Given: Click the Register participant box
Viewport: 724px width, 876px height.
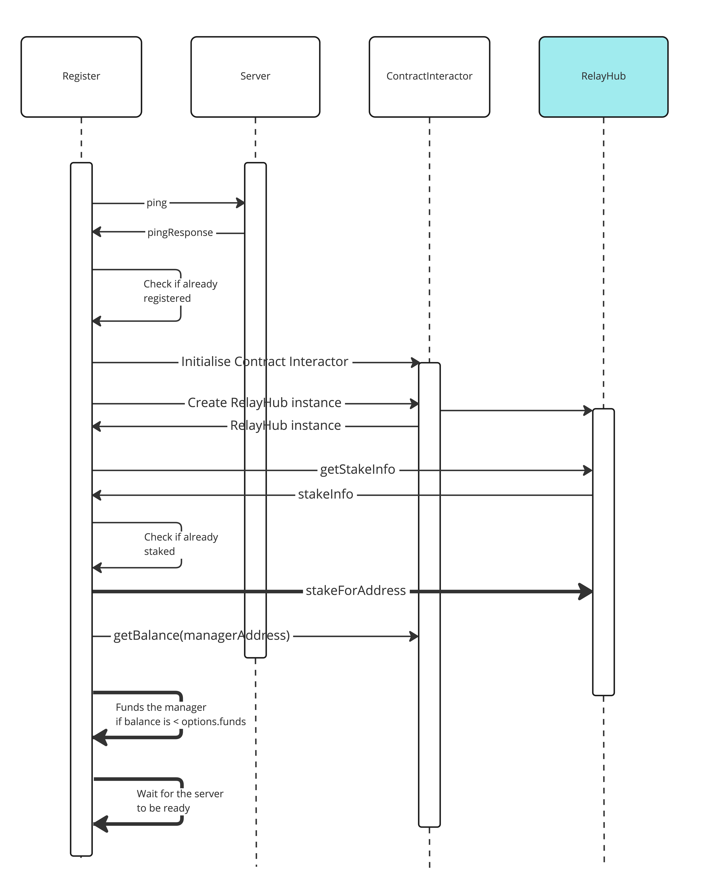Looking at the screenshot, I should coord(81,77).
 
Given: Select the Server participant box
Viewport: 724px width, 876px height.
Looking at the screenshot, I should coord(255,77).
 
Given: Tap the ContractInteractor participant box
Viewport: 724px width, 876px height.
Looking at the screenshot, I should coord(429,77).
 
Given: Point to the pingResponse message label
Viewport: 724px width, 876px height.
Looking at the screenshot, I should coord(180,233).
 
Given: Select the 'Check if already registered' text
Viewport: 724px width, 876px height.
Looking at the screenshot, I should coord(180,291).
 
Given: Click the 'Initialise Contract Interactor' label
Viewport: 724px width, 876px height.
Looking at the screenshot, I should coord(264,362).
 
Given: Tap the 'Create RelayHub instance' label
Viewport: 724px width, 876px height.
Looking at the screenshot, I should coord(264,403).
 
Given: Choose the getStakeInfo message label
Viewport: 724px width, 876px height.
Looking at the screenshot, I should coord(357,470).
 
